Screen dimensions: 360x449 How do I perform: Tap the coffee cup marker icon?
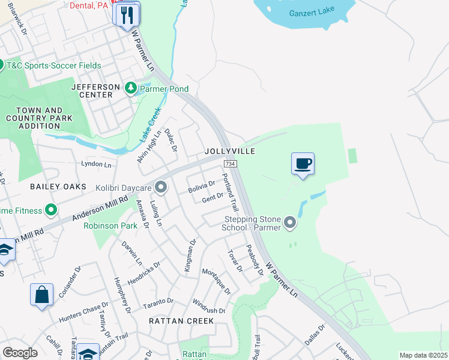point(303,163)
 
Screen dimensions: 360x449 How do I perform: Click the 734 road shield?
point(229,164)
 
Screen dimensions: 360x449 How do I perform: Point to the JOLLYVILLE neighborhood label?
point(230,151)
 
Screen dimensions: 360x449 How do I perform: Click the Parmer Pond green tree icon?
point(131,89)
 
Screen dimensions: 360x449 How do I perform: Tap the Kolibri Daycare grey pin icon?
point(160,188)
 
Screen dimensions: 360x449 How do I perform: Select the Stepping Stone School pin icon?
point(290,223)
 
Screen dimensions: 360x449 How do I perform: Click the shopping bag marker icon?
point(41,295)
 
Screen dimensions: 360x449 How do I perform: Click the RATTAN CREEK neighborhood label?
point(181,321)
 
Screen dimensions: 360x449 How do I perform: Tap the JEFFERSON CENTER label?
point(92,91)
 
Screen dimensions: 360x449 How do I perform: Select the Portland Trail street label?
point(230,192)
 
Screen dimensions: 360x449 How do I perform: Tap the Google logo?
point(20,353)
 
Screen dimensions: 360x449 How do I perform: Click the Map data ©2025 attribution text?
point(423,355)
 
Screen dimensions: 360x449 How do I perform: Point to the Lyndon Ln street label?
point(96,164)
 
